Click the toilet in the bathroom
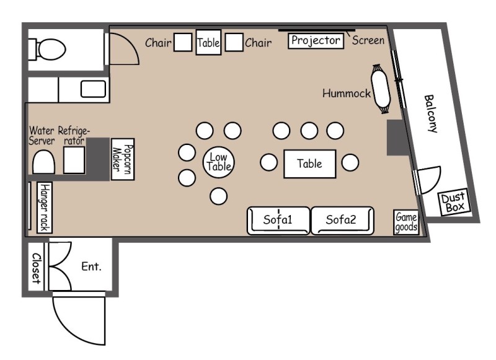(47, 50)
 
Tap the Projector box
(316, 40)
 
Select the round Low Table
(219, 162)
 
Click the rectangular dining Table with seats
(309, 164)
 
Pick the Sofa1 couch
(278, 221)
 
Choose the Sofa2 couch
(343, 221)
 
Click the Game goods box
(406, 222)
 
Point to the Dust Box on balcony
(454, 203)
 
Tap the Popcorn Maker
(123, 159)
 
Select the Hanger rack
(45, 208)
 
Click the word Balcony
(431, 114)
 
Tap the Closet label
(37, 268)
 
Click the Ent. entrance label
(91, 266)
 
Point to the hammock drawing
(381, 89)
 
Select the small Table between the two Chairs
(208, 42)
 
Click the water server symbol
(43, 162)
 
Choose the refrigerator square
(74, 160)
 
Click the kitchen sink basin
(93, 89)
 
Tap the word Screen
(368, 40)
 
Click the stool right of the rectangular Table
(350, 162)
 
